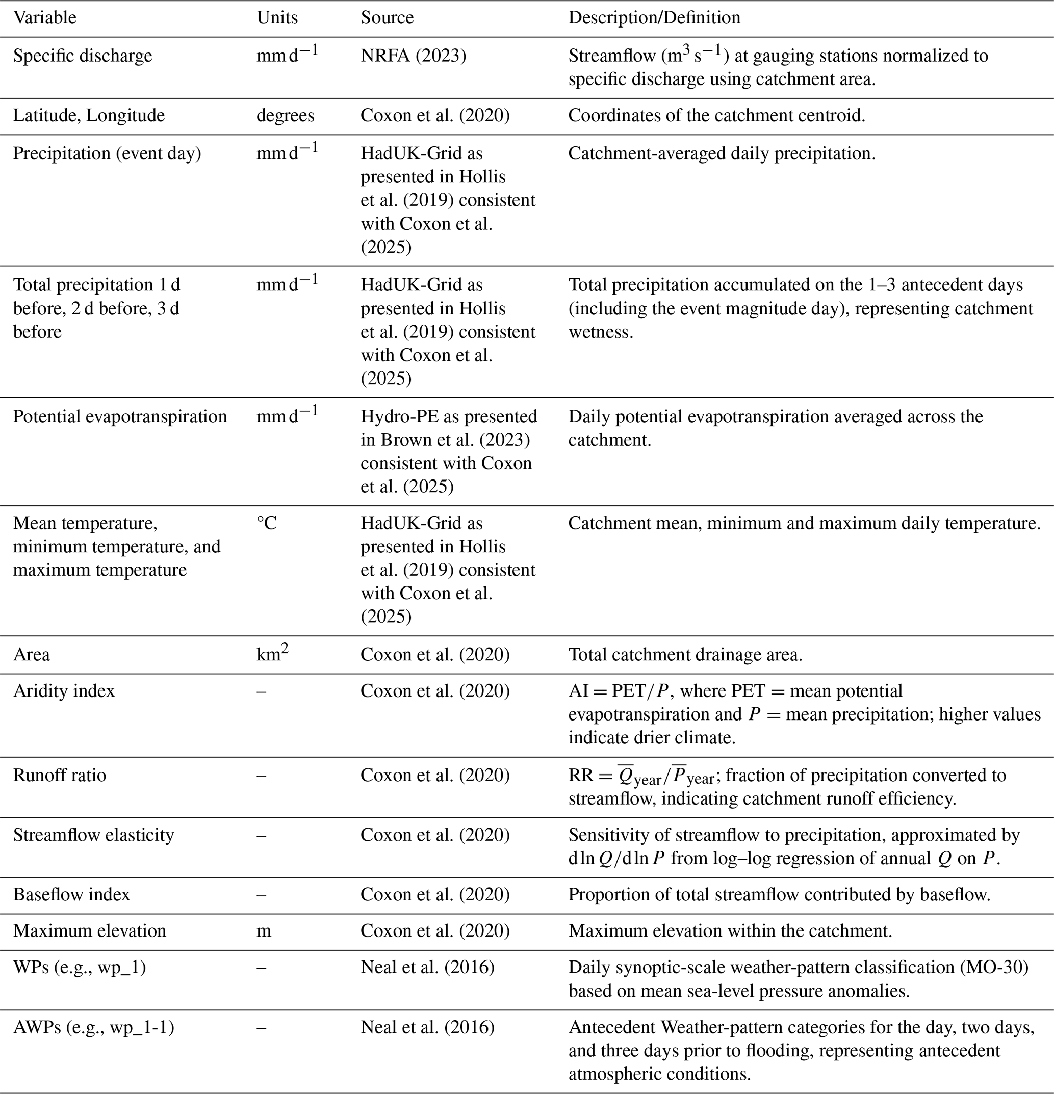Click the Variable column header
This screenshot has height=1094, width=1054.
coord(45,18)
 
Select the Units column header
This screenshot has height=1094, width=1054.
coord(277,18)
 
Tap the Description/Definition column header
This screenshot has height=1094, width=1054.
coord(654,18)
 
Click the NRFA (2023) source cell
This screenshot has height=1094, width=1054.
coord(413,56)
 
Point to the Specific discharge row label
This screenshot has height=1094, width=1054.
coord(83,56)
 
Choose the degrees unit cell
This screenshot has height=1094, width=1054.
coord(286,116)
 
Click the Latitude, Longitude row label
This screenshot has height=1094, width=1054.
coord(89,116)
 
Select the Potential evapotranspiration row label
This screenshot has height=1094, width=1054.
coord(120,417)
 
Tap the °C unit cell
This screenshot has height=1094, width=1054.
coord(267,523)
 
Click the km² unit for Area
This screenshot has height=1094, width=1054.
coord(272,654)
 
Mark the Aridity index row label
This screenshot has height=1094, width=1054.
coord(64,691)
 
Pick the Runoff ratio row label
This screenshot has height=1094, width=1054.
coord(59,776)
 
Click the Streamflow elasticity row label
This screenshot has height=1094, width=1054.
coord(93,835)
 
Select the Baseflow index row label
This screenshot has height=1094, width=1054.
coord(71,895)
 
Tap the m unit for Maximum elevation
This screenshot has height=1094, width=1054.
coord(264,931)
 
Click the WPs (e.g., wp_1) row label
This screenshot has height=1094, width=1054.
coord(80,967)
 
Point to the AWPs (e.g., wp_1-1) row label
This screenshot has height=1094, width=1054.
coord(93,1027)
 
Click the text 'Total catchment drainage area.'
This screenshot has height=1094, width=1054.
coord(685,654)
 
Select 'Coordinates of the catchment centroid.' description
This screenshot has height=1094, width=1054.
coord(716,116)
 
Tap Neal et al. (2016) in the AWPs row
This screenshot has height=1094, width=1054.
coord(427,1027)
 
